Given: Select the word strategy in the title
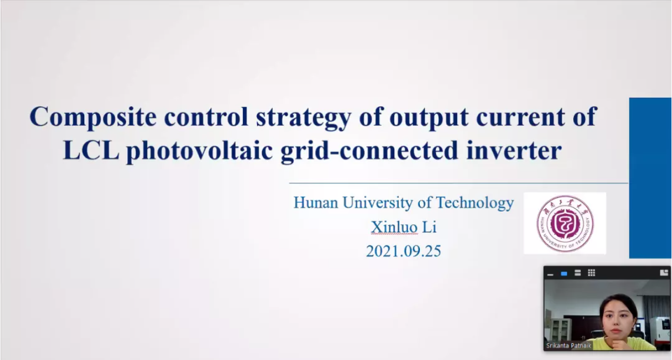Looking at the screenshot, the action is tap(304, 118).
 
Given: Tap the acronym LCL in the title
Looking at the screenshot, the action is tap(91, 151).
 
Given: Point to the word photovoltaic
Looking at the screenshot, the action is tap(199, 151).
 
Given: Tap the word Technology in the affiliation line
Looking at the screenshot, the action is tap(475, 203).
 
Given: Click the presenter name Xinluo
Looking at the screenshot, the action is tap(394, 227).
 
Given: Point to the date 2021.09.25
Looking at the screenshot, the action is tap(404, 251).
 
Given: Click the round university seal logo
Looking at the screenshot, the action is tap(565, 223).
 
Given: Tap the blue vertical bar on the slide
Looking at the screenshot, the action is tap(650, 178).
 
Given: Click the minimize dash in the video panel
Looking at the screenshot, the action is tap(550, 274).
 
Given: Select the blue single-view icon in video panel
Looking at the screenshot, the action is tap(564, 273).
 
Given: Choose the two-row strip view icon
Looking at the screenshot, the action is tap(578, 273).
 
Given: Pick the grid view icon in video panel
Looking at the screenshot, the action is tap(591, 273).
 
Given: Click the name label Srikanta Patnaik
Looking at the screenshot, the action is tap(569, 346).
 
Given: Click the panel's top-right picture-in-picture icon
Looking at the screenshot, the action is tap(664, 272).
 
